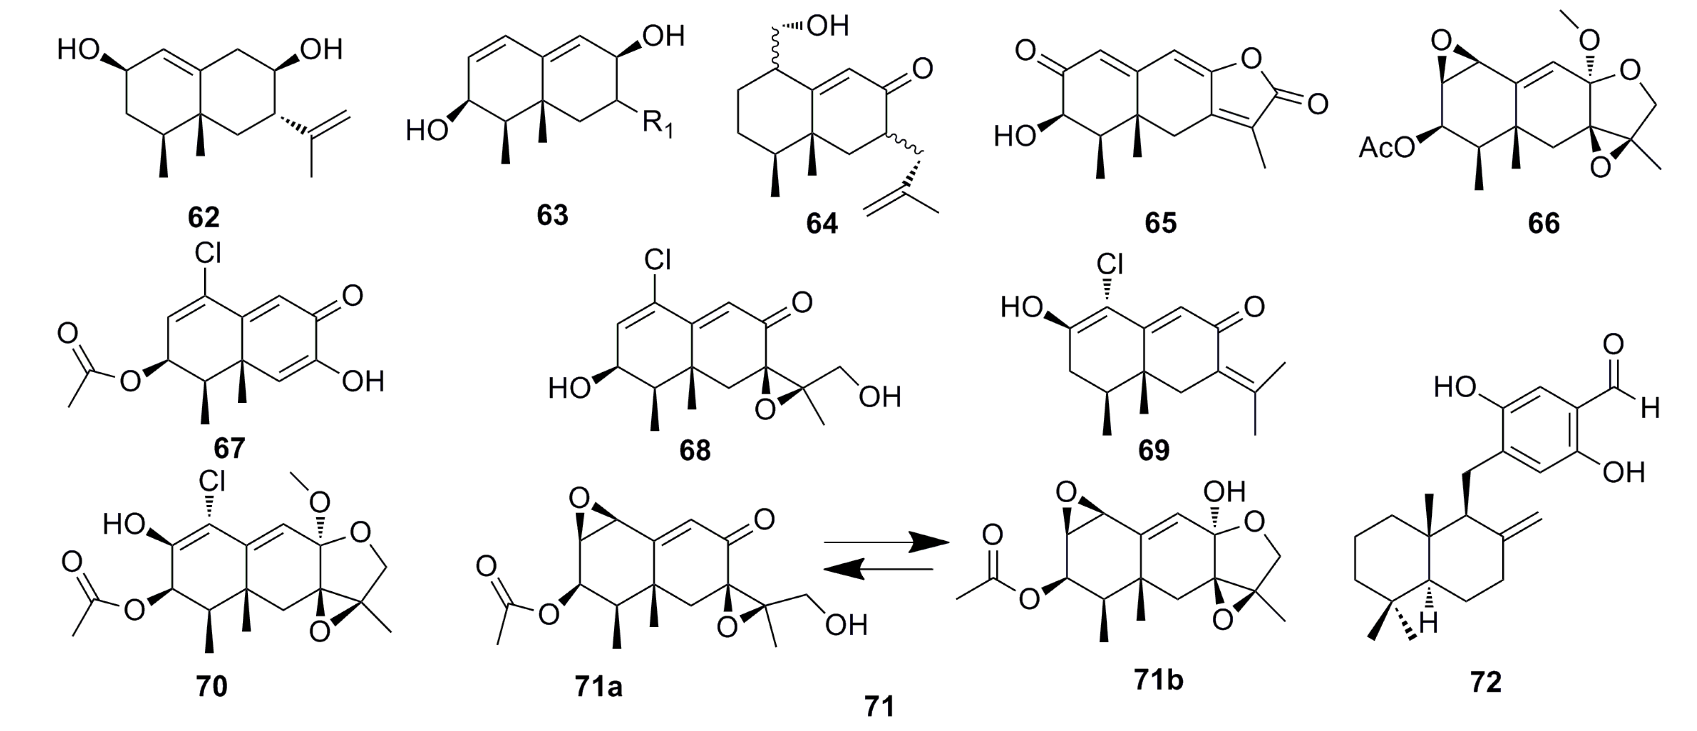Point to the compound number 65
tap(1160, 223)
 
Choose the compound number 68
tap(695, 450)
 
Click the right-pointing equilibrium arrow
tap(886, 543)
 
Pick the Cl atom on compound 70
tap(212, 482)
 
